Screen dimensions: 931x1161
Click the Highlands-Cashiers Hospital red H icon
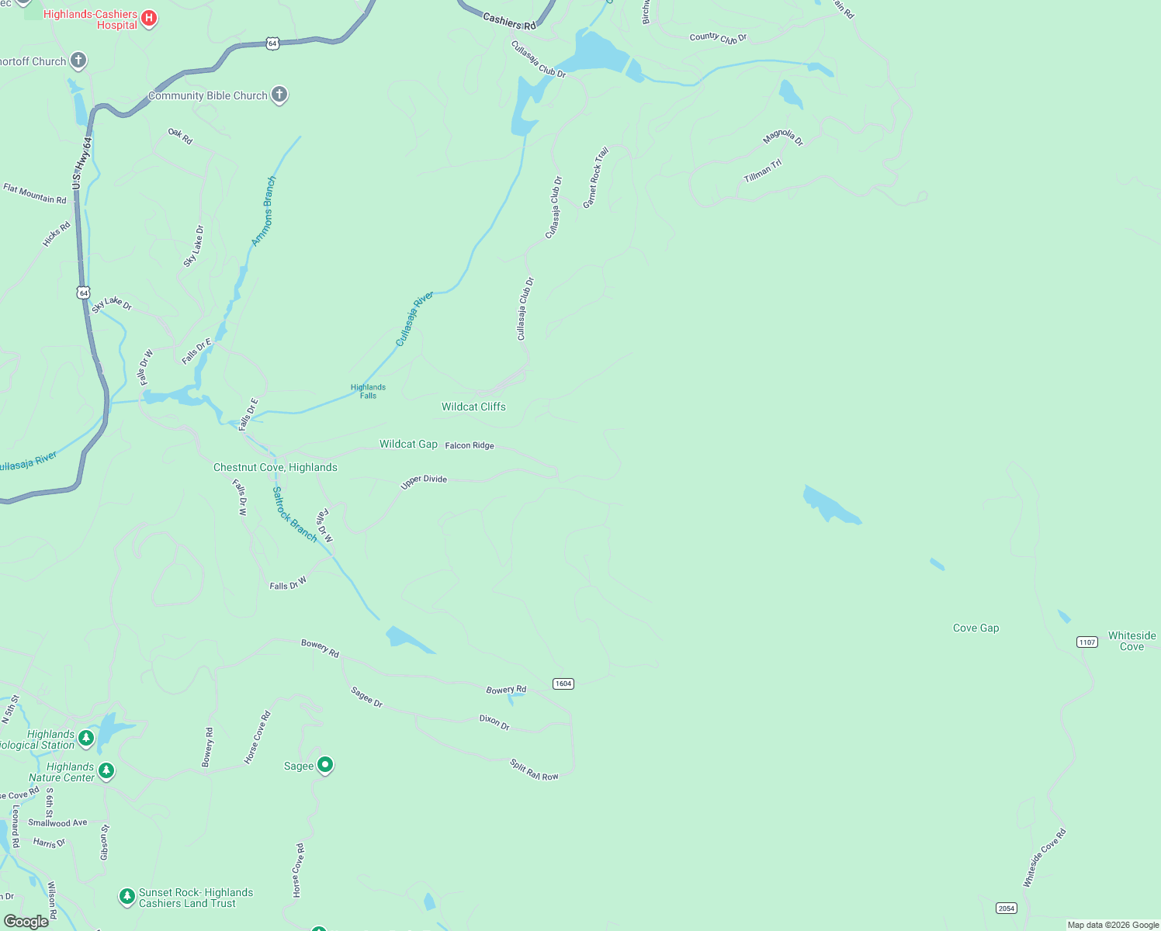(x=149, y=19)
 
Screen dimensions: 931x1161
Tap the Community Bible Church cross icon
(x=279, y=95)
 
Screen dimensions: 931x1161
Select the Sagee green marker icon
(x=325, y=765)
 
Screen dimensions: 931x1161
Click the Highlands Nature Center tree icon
(x=106, y=771)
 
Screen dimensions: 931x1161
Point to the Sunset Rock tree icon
(x=126, y=897)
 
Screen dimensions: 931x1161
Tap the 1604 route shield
(x=563, y=684)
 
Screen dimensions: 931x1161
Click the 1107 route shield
(x=1087, y=642)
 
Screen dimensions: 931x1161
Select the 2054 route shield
(x=1007, y=908)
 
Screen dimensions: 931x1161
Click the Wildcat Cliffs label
(x=473, y=407)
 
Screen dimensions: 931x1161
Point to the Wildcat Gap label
(x=408, y=444)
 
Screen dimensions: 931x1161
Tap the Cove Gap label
(x=976, y=628)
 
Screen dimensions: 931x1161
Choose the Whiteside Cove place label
(x=1132, y=641)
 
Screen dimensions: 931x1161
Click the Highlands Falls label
(x=368, y=391)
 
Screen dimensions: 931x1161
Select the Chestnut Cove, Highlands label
(x=276, y=467)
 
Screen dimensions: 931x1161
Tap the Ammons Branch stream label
(x=264, y=211)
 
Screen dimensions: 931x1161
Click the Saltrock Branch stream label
(x=294, y=514)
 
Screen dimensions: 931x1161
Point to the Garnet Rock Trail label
(x=596, y=177)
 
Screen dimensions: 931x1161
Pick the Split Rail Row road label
(x=534, y=770)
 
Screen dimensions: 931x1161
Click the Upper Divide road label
(x=424, y=481)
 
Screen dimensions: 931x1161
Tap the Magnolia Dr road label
(x=783, y=137)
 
